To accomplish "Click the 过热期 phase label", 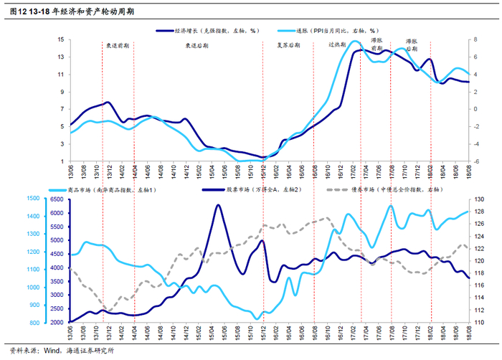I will (x=337, y=44).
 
